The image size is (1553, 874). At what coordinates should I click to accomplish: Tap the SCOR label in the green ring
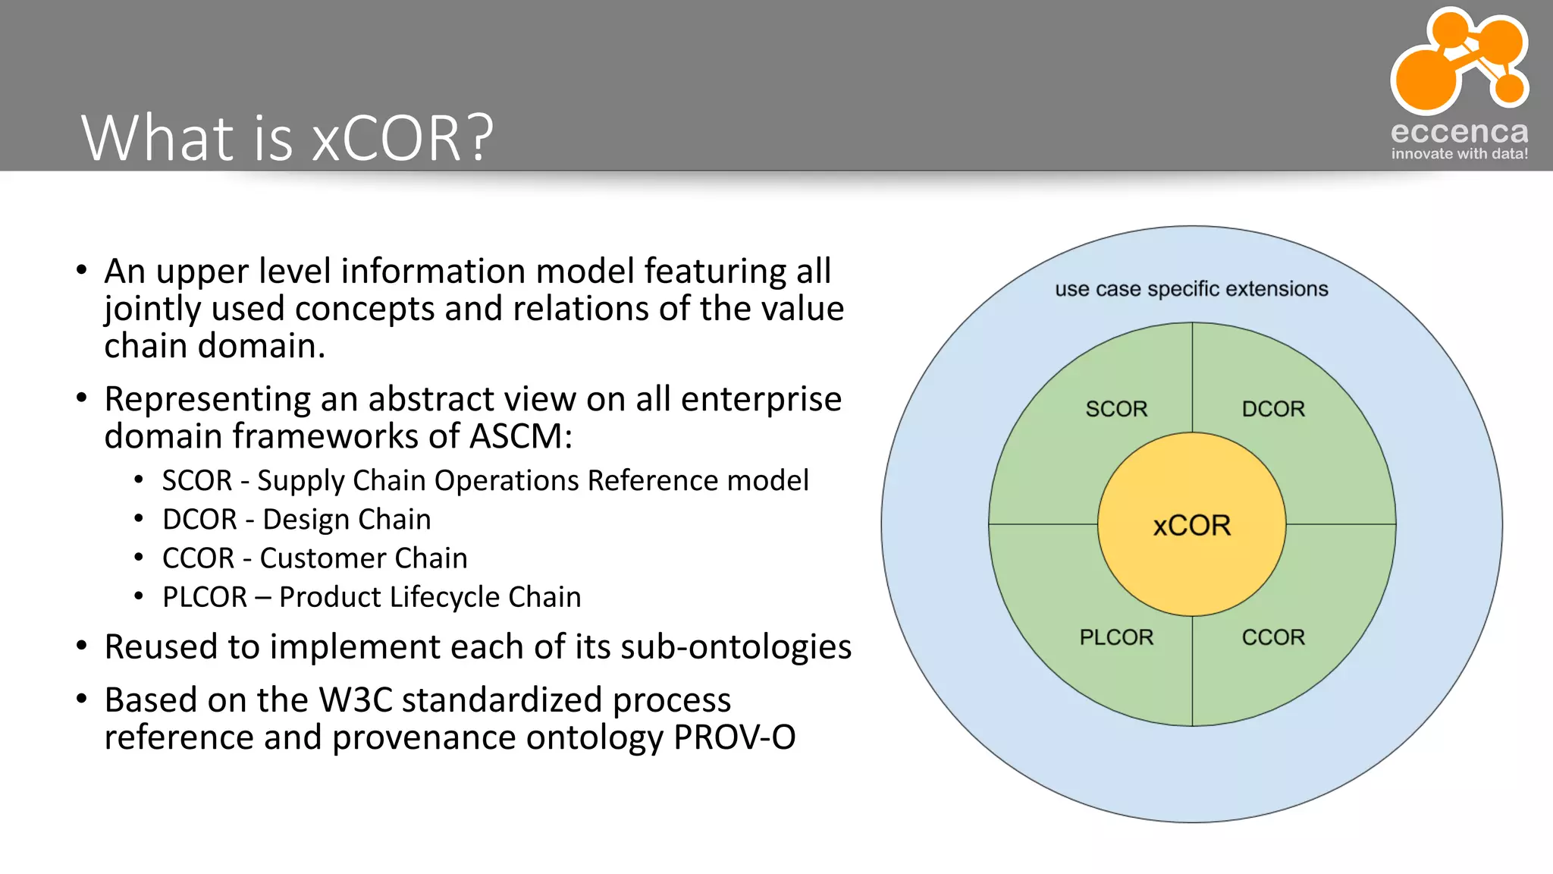(1116, 409)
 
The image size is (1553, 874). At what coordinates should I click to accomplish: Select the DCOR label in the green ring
(1273, 409)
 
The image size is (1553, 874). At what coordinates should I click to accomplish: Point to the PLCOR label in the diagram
(1116, 637)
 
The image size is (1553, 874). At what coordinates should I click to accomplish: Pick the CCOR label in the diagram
(1273, 637)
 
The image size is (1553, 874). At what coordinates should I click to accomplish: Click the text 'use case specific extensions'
(1191, 289)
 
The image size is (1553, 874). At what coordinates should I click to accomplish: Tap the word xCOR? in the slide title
(403, 139)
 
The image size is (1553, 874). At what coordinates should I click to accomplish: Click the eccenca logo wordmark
(1459, 132)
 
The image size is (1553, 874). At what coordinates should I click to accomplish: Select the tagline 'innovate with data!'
(1459, 154)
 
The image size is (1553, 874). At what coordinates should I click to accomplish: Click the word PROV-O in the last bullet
(734, 737)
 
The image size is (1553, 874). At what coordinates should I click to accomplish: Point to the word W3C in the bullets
(355, 700)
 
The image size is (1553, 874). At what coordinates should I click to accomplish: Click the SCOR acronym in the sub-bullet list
(197, 481)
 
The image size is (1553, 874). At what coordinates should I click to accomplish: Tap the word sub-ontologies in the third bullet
(736, 647)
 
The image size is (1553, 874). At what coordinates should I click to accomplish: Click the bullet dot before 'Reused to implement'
(82, 646)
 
